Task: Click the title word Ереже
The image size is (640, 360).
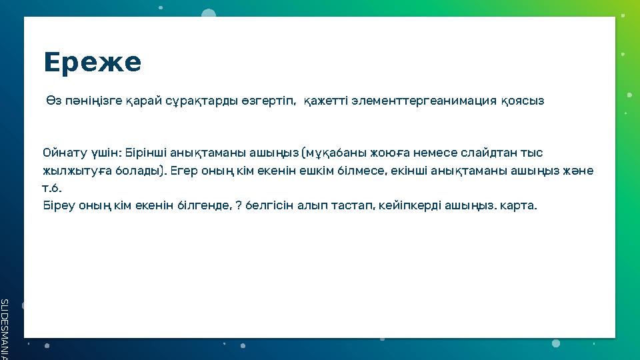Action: [x=92, y=63]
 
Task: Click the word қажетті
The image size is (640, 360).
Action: [x=323, y=101]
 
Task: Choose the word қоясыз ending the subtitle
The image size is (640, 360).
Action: [x=522, y=101]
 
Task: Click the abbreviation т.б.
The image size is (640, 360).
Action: [x=52, y=188]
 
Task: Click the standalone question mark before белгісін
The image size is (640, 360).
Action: [x=239, y=205]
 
